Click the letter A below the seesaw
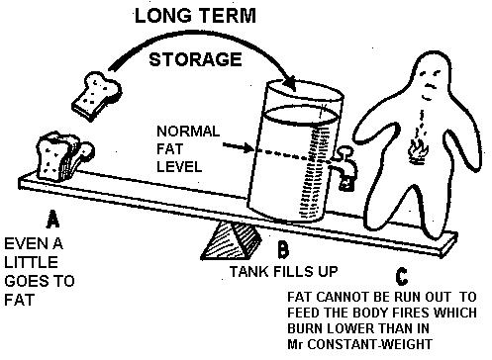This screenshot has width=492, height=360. (x=52, y=219)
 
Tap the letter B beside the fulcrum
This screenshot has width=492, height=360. (x=283, y=249)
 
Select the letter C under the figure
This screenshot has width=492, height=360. (x=402, y=277)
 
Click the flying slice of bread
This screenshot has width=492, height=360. (x=96, y=96)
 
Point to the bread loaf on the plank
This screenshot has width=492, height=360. (x=64, y=156)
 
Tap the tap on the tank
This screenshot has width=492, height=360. (x=344, y=167)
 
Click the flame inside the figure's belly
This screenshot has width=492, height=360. (x=419, y=152)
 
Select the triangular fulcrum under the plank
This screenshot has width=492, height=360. (x=231, y=240)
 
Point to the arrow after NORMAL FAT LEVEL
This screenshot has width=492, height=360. (x=238, y=147)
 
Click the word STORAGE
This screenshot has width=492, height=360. (x=195, y=59)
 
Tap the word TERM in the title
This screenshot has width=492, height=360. (x=228, y=16)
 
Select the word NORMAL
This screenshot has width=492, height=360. (x=188, y=132)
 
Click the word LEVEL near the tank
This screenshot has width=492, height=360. (x=179, y=166)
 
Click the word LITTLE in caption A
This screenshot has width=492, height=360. (x=31, y=262)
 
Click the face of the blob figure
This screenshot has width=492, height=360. (x=431, y=85)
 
